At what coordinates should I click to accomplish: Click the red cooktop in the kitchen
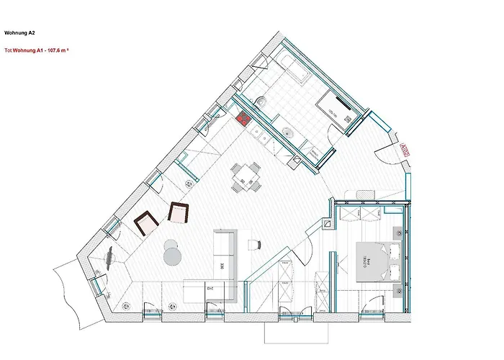[x=243, y=119]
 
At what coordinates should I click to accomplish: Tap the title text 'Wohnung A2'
[x=19, y=32]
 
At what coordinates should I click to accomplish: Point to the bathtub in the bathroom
[x=292, y=68]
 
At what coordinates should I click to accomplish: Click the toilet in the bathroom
[x=262, y=102]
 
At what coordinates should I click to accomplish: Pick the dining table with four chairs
[x=246, y=176]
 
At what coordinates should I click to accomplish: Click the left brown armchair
[x=146, y=222]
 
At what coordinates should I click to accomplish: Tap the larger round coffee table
[x=173, y=256]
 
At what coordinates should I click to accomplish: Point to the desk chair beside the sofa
[x=253, y=245]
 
